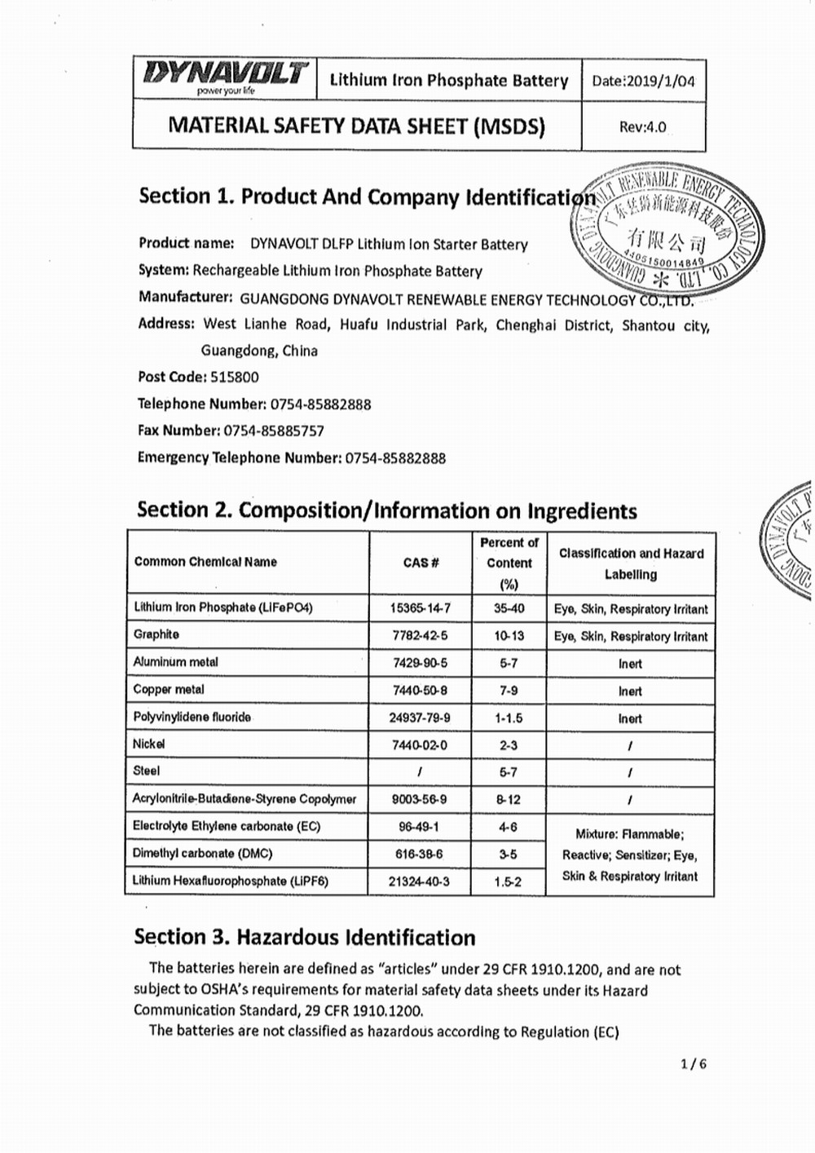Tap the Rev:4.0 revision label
coord(642,127)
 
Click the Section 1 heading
coord(367,197)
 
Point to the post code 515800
coord(235,378)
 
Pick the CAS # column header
coord(421,563)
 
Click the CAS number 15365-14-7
coord(420,608)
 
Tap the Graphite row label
coord(156,634)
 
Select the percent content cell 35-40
coord(509,608)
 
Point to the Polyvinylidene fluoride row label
coord(192,718)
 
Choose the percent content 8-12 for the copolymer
coord(508,800)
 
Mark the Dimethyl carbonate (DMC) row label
coord(203,854)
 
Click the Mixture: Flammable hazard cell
coord(630,855)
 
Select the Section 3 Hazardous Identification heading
coord(305,938)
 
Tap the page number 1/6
coord(694,1063)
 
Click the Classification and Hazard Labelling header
coord(631,563)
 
